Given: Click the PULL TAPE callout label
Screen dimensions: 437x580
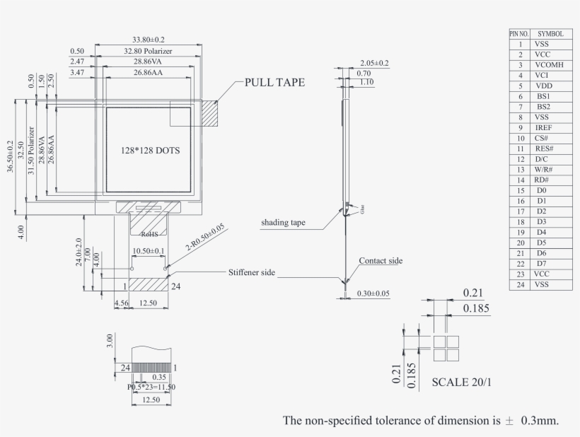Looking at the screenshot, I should [x=274, y=82].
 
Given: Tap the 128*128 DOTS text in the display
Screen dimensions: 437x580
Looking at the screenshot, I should [x=149, y=151].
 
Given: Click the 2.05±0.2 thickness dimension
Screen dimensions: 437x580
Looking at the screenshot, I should [x=374, y=63].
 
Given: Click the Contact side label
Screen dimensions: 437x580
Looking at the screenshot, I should [x=381, y=261].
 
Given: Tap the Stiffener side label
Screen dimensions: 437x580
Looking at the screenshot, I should [x=251, y=272].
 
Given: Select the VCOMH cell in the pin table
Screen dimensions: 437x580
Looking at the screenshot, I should [x=549, y=64].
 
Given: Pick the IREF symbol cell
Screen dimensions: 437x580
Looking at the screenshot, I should [x=544, y=127].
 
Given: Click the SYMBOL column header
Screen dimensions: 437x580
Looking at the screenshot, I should [x=550, y=33].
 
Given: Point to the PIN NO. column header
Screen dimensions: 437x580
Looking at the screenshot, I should [x=519, y=33].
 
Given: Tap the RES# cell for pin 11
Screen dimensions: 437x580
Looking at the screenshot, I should [x=544, y=148].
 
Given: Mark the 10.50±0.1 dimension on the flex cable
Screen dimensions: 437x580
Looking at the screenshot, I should [x=149, y=251].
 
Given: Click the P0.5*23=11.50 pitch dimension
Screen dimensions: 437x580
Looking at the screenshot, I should [x=151, y=387].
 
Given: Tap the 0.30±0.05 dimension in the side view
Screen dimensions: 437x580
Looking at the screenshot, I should [x=375, y=293].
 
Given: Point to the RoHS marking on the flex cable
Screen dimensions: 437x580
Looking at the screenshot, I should [x=149, y=233].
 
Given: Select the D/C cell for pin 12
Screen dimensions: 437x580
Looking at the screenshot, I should [x=543, y=159].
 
